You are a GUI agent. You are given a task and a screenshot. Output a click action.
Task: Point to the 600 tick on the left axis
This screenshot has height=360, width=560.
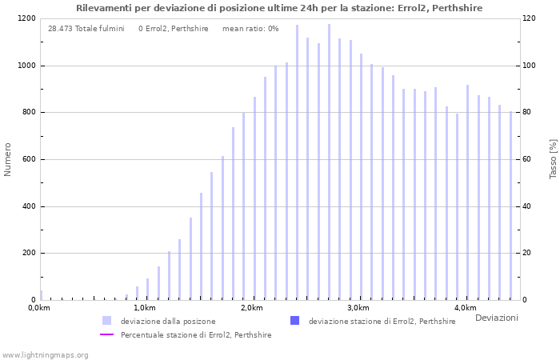[28, 159]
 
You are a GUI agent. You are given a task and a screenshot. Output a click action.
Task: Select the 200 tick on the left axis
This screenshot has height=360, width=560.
[28, 254]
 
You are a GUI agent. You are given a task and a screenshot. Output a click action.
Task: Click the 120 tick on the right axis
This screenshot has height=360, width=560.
[530, 18]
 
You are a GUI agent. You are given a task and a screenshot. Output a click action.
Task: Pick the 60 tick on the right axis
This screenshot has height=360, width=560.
[527, 159]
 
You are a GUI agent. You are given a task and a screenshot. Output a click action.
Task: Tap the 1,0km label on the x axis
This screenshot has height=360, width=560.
[145, 308]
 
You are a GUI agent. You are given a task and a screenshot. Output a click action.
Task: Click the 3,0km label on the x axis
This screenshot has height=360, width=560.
[358, 308]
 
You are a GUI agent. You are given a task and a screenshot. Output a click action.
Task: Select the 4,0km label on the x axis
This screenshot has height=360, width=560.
[465, 308]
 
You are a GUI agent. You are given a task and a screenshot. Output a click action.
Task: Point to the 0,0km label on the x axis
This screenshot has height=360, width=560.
[38, 308]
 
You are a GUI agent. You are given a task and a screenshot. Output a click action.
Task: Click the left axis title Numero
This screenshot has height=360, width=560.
[8, 159]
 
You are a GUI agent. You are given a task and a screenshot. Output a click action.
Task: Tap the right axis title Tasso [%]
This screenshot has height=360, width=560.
[553, 159]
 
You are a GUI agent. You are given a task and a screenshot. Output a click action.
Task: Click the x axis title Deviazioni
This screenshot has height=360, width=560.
[496, 318]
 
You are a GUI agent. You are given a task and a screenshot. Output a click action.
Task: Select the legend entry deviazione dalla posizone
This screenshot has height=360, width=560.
[168, 322]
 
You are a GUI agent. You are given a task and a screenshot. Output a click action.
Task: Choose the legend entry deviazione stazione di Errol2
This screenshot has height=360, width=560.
[382, 322]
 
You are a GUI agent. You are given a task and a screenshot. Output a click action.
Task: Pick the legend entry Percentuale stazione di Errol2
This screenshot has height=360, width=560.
[196, 335]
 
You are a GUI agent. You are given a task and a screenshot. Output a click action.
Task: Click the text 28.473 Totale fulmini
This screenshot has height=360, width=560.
[86, 29]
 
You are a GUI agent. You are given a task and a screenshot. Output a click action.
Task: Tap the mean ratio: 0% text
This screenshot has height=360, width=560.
[250, 29]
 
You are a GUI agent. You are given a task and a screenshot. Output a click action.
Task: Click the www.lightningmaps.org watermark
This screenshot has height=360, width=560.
[45, 354]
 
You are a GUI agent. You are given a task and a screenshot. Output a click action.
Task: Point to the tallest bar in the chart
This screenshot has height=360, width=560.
[329, 162]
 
